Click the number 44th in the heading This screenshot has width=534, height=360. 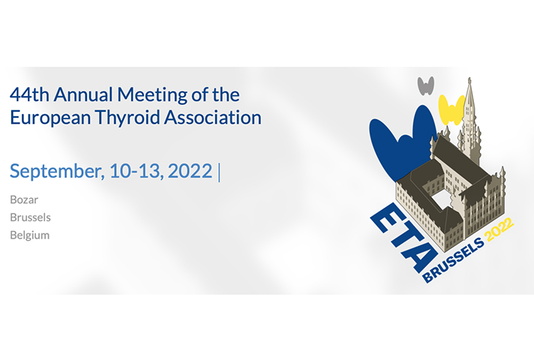(30, 94)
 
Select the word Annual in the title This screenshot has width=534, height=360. (83, 94)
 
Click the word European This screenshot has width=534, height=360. (50, 118)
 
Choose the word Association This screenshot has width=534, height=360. (213, 117)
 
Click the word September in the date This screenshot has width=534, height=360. (57, 171)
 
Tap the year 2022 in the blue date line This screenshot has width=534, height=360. (190, 171)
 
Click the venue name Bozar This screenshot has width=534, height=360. (24, 199)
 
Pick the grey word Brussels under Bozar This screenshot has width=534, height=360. (30, 217)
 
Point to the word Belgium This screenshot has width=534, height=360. (30, 235)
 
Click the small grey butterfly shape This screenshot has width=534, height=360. (426, 86)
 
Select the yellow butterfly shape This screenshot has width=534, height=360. (451, 109)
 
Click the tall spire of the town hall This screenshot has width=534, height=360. (470, 115)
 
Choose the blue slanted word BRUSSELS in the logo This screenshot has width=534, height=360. (454, 260)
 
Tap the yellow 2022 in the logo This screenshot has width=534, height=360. (499, 229)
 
